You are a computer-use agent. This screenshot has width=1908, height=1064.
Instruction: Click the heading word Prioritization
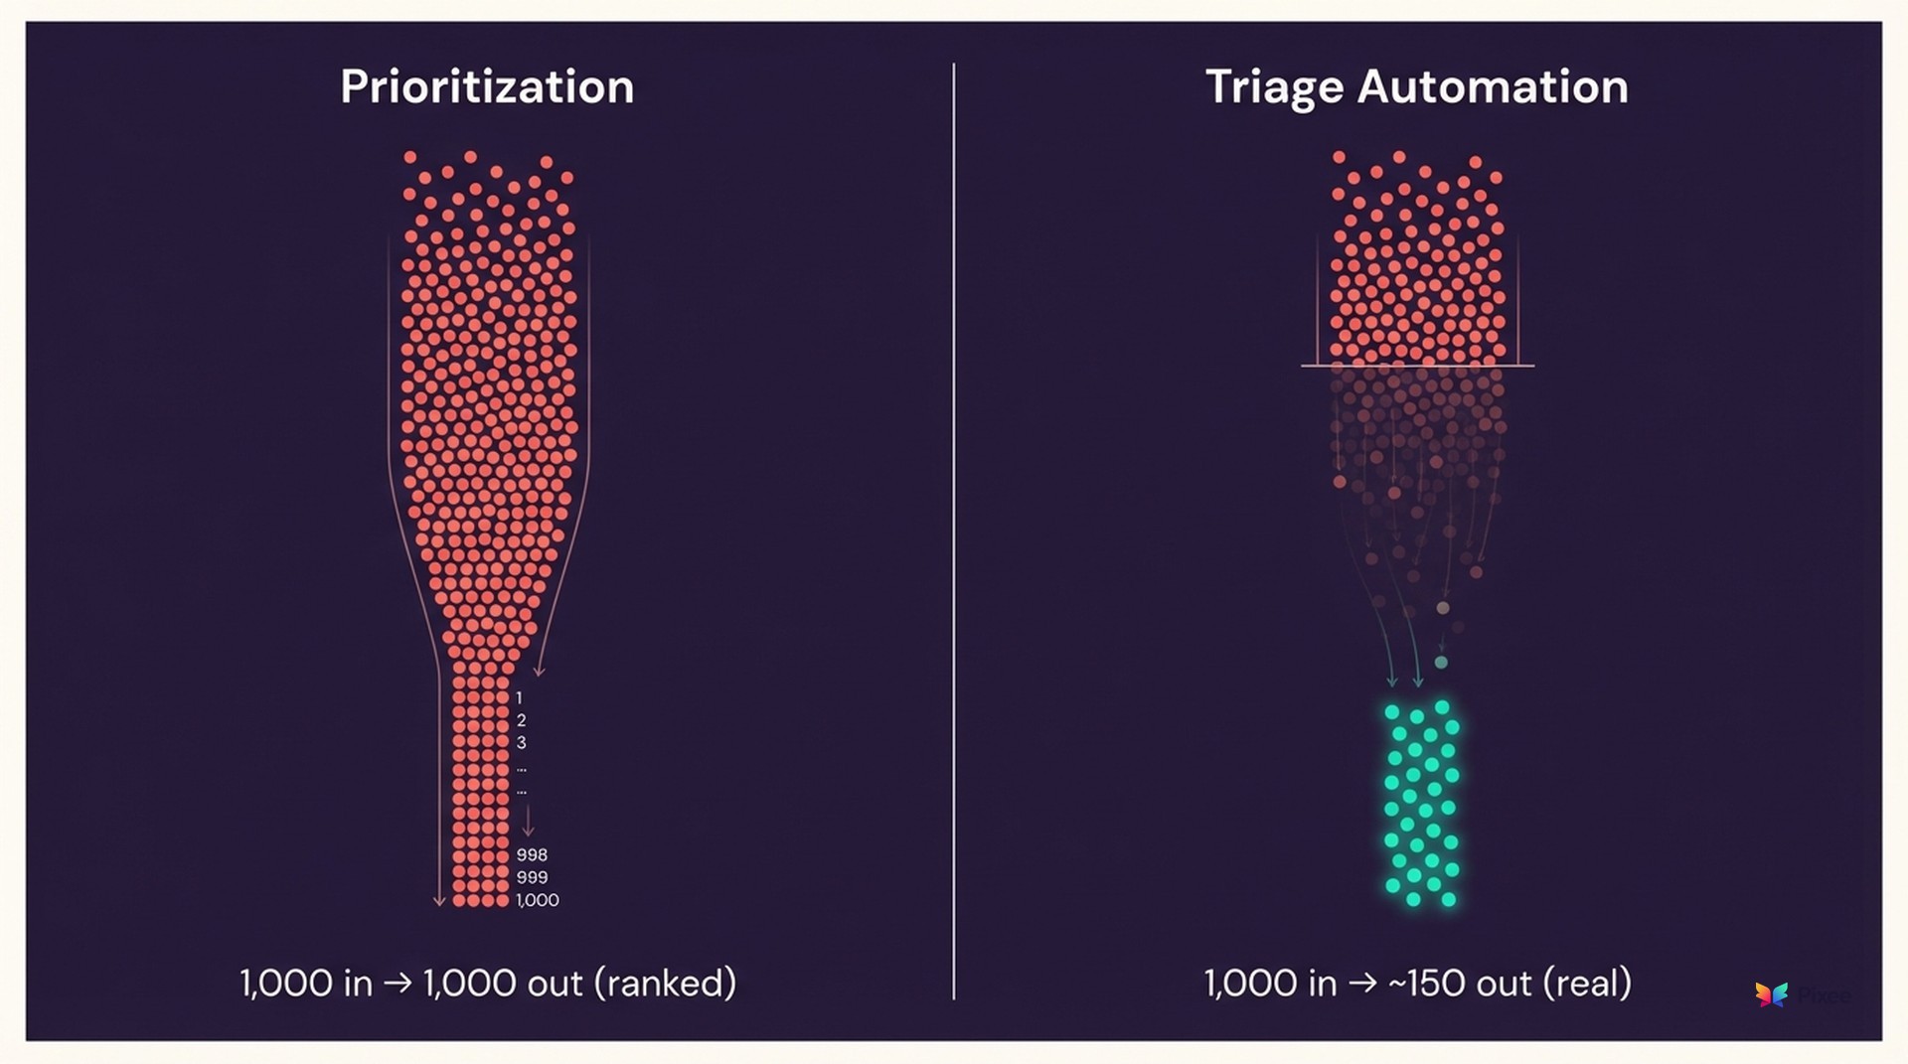pyautogui.click(x=487, y=87)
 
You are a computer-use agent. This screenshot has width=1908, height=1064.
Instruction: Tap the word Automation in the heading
pyautogui.click(x=1493, y=86)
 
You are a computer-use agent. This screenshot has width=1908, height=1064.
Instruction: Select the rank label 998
pyautogui.click(x=532, y=854)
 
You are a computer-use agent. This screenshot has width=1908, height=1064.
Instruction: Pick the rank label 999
pyautogui.click(x=532, y=877)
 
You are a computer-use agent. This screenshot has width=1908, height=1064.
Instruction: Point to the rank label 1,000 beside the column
pyautogui.click(x=538, y=900)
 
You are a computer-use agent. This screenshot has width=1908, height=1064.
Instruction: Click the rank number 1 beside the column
pyautogui.click(x=519, y=698)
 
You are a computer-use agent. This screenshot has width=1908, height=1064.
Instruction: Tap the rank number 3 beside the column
pyautogui.click(x=521, y=743)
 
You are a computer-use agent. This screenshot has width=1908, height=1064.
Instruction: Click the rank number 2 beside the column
pyautogui.click(x=521, y=720)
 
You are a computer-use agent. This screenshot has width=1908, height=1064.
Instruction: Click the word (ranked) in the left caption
pyautogui.click(x=665, y=983)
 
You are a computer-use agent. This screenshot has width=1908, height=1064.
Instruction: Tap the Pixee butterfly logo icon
pyautogui.click(x=1771, y=993)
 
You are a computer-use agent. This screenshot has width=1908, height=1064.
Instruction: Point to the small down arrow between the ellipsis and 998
pyautogui.click(x=528, y=822)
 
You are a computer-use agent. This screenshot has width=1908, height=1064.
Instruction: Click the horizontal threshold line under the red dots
pyautogui.click(x=1417, y=366)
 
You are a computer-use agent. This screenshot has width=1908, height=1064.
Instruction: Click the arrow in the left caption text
pyautogui.click(x=397, y=984)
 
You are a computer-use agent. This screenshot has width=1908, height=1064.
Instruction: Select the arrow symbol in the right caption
pyautogui.click(x=1362, y=984)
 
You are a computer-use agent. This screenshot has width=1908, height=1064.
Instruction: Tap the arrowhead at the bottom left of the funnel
pyautogui.click(x=439, y=901)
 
